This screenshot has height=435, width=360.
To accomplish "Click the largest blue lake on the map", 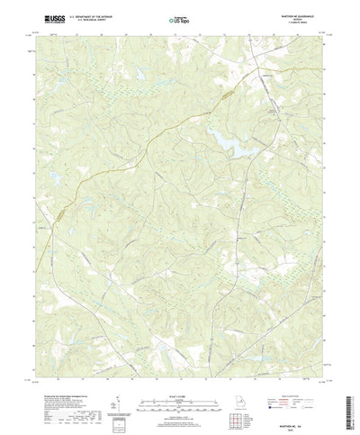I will click(x=222, y=136).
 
